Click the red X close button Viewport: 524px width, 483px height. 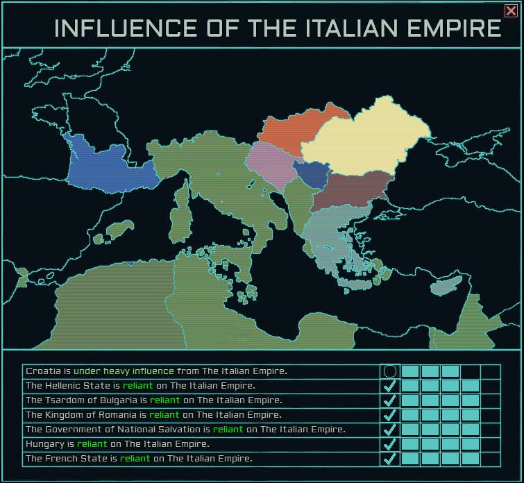click(510, 10)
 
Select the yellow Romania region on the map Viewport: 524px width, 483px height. click(368, 135)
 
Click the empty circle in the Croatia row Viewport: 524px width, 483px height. click(390, 371)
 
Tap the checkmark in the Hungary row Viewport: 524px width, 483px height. click(390, 443)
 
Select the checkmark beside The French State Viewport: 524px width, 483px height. click(390, 458)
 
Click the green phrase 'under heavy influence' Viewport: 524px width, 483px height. click(124, 371)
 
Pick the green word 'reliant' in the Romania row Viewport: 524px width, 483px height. click(164, 415)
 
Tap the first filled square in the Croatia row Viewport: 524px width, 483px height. click(410, 371)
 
